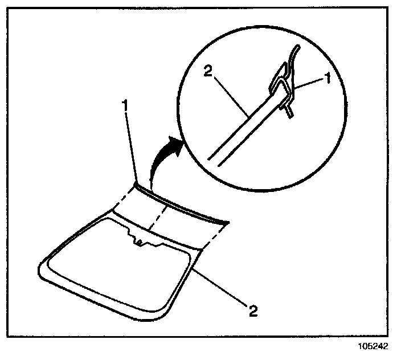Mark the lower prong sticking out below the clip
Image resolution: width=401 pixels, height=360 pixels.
click(x=289, y=112)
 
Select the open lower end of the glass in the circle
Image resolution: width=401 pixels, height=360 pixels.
click(x=212, y=159)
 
